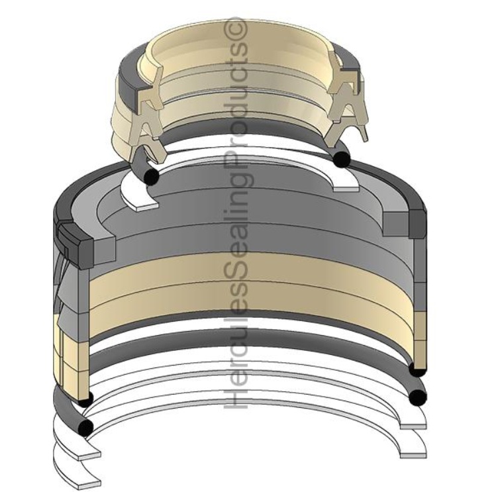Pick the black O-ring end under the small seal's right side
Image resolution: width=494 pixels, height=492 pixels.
[342, 159]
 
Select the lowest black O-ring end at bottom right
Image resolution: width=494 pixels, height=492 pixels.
[417, 397]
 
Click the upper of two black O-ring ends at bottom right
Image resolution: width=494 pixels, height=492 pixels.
[417, 368]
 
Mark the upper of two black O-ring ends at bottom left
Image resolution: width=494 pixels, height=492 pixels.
[83, 399]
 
